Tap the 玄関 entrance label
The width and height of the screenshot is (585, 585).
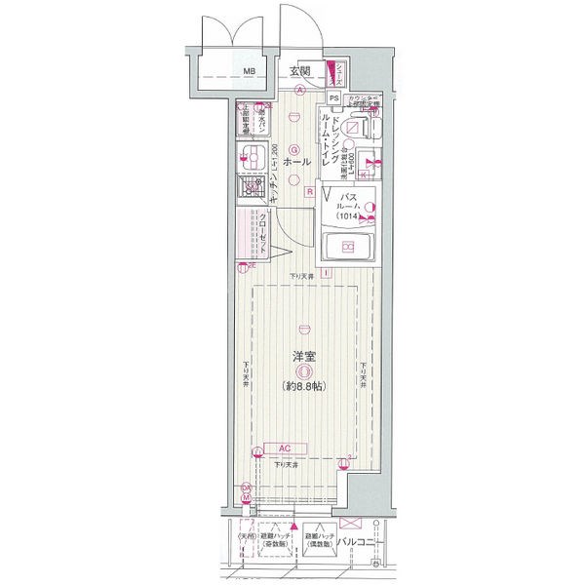click(x=299, y=70)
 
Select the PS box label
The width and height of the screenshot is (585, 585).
click(x=333, y=97)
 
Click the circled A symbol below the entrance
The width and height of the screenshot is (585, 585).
click(x=300, y=91)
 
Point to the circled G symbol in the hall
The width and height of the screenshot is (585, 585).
click(x=293, y=148)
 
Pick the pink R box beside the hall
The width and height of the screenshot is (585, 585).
click(x=309, y=192)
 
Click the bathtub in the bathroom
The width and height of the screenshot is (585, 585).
click(x=348, y=247)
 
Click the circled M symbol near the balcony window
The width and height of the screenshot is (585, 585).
click(x=246, y=497)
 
